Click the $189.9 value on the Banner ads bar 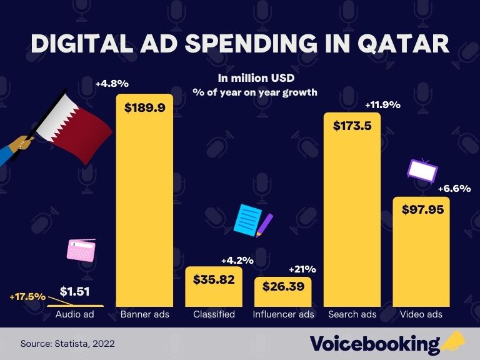tap(145, 107)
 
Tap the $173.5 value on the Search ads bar tap(352, 126)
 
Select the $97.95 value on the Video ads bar tap(421, 209)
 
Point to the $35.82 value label tap(214, 279)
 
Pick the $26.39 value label tap(282, 287)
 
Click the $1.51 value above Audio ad tap(75, 291)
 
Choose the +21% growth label tap(302, 269)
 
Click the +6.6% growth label tap(454, 188)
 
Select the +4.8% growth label tap(111, 83)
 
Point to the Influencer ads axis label tap(282, 314)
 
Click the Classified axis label tap(214, 314)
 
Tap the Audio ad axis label tap(75, 314)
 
